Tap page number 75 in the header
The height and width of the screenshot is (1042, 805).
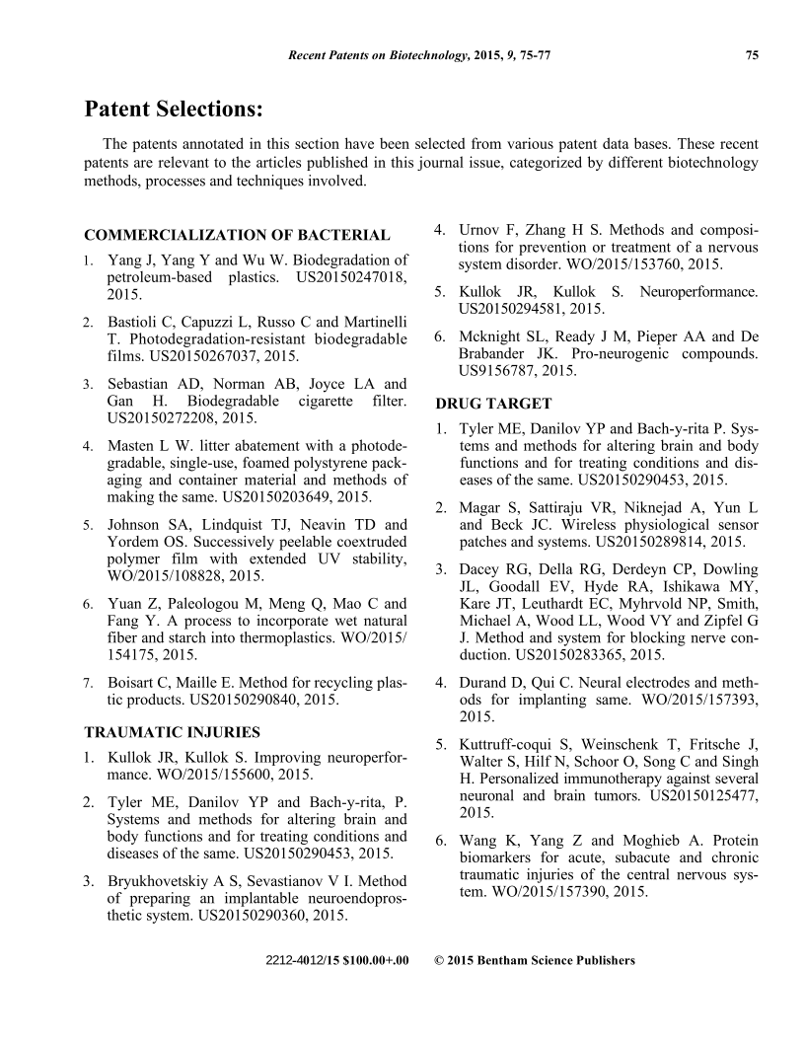point(752,56)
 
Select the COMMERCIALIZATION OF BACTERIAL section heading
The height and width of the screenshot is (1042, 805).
point(237,235)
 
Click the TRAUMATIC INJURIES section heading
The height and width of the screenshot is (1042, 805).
point(172,732)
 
